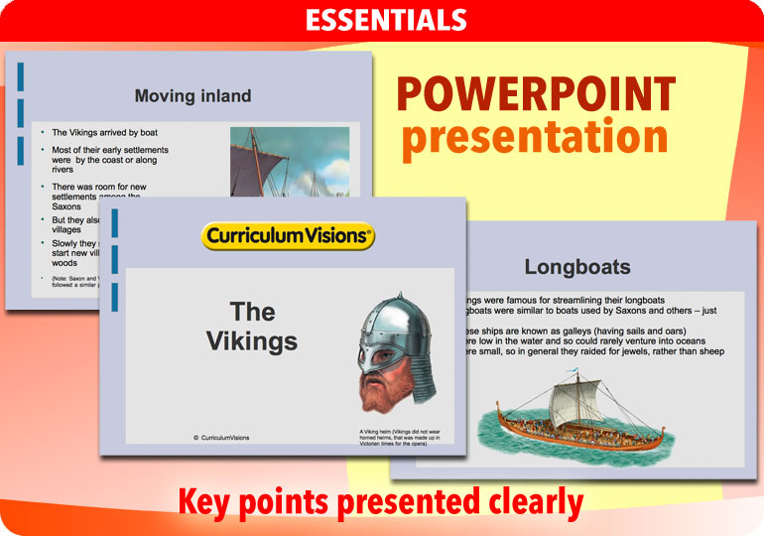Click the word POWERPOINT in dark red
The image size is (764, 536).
[536, 95]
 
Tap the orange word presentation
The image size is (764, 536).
[535, 137]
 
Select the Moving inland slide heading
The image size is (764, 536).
[192, 96]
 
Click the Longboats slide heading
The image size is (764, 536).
[576, 267]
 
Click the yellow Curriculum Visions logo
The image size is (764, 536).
[288, 236]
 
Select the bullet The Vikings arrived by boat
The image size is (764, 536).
[104, 132]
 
